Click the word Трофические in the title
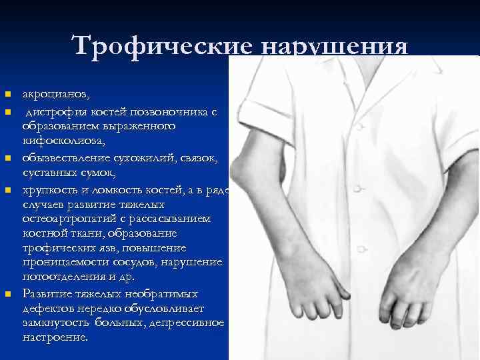pos(161,47)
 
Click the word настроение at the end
pos(54,337)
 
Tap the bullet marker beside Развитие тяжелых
pos(7,294)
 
